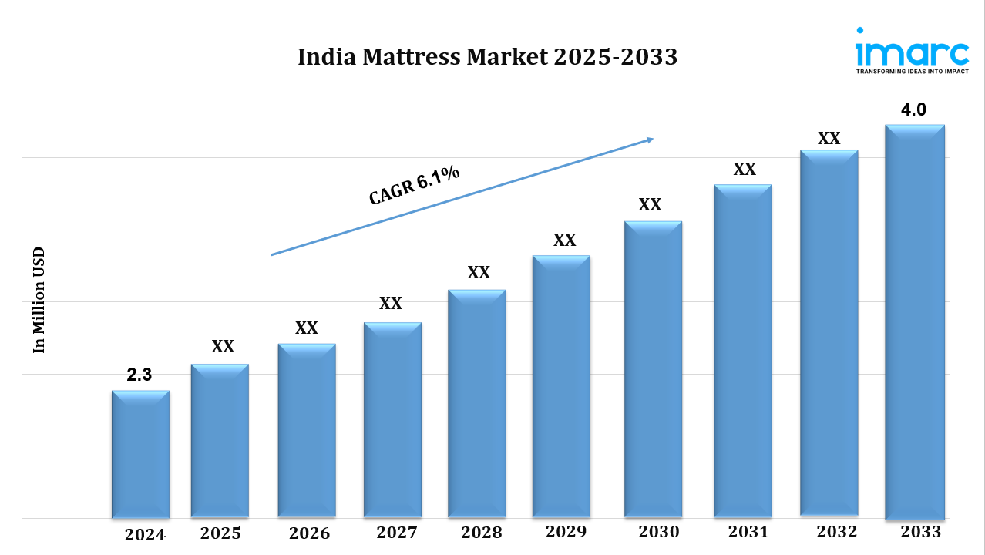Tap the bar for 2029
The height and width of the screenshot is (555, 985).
tap(561, 385)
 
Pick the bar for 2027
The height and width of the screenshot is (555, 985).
tap(392, 419)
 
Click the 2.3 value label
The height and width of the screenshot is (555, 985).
tap(140, 375)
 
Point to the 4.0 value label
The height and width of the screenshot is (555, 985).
tap(913, 110)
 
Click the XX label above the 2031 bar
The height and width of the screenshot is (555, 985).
tap(744, 170)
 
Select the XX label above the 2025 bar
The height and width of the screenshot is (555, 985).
tap(223, 347)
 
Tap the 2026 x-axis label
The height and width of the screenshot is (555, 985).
tap(309, 533)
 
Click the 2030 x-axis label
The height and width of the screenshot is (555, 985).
tap(659, 532)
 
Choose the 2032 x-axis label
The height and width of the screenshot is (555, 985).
tap(836, 532)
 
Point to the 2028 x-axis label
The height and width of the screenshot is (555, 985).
tap(482, 533)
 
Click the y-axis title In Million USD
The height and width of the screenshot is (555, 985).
tap(39, 300)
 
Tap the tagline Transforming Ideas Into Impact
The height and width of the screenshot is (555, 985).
tap(912, 71)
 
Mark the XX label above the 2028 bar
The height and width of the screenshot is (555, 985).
tap(479, 273)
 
